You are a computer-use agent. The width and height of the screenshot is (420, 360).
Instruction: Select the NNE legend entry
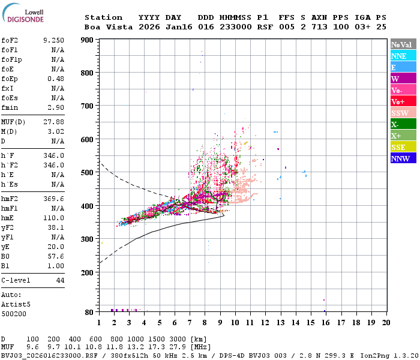click(x=403, y=56)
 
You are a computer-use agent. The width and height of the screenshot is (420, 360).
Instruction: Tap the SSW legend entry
click(x=403, y=113)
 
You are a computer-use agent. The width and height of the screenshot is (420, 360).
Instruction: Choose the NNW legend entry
click(x=403, y=158)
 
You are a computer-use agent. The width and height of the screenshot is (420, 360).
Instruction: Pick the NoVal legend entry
click(x=403, y=44)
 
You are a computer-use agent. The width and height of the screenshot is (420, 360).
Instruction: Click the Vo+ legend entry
click(x=403, y=101)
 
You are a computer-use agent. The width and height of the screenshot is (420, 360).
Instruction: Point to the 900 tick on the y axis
click(x=88, y=40)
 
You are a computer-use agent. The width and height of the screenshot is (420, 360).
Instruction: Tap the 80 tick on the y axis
click(x=89, y=312)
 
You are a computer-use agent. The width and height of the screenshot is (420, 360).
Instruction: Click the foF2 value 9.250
click(x=55, y=40)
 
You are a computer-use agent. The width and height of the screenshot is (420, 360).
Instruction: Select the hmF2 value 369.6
click(x=55, y=199)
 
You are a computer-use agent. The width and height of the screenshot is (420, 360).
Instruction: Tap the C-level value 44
click(x=60, y=280)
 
